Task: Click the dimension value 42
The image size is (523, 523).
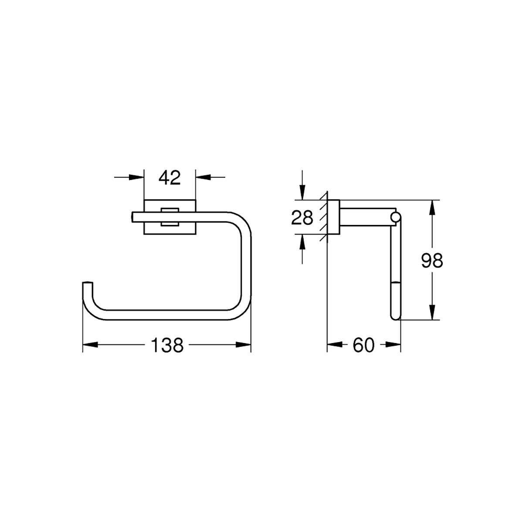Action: tap(170, 177)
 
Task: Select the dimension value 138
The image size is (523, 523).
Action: tap(167, 345)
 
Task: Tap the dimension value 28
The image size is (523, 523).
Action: tap(302, 217)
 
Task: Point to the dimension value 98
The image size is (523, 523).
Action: tap(432, 261)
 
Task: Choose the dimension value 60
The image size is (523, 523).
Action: tap(363, 345)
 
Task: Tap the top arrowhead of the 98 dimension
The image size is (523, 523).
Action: tap(432, 207)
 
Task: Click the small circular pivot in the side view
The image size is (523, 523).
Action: tap(396, 217)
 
